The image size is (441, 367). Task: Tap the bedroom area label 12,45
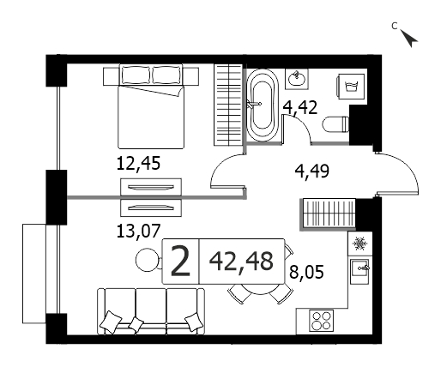pos(138,164)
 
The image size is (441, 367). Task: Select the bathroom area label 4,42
pos(300,108)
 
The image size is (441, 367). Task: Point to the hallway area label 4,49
pos(312,171)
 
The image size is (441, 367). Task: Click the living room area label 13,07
pos(138,231)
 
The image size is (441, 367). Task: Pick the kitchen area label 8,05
pos(306,272)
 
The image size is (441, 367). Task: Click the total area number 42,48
pos(241,262)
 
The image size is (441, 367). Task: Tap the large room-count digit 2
pos(180,262)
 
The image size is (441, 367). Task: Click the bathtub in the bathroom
pos(263,105)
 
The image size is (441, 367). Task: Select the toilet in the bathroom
pos(335,124)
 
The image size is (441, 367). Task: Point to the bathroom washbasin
pos(297,79)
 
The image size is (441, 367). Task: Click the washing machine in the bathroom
pos(351,87)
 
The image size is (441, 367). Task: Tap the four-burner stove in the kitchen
pos(322,321)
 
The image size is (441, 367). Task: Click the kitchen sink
pos(359,271)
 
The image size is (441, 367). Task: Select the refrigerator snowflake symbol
pos(359,244)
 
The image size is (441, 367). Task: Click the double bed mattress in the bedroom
pos(151,117)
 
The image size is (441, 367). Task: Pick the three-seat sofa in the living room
pos(151,311)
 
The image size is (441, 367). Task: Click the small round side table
pos(147,260)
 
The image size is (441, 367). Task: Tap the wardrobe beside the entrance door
pos(328,214)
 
